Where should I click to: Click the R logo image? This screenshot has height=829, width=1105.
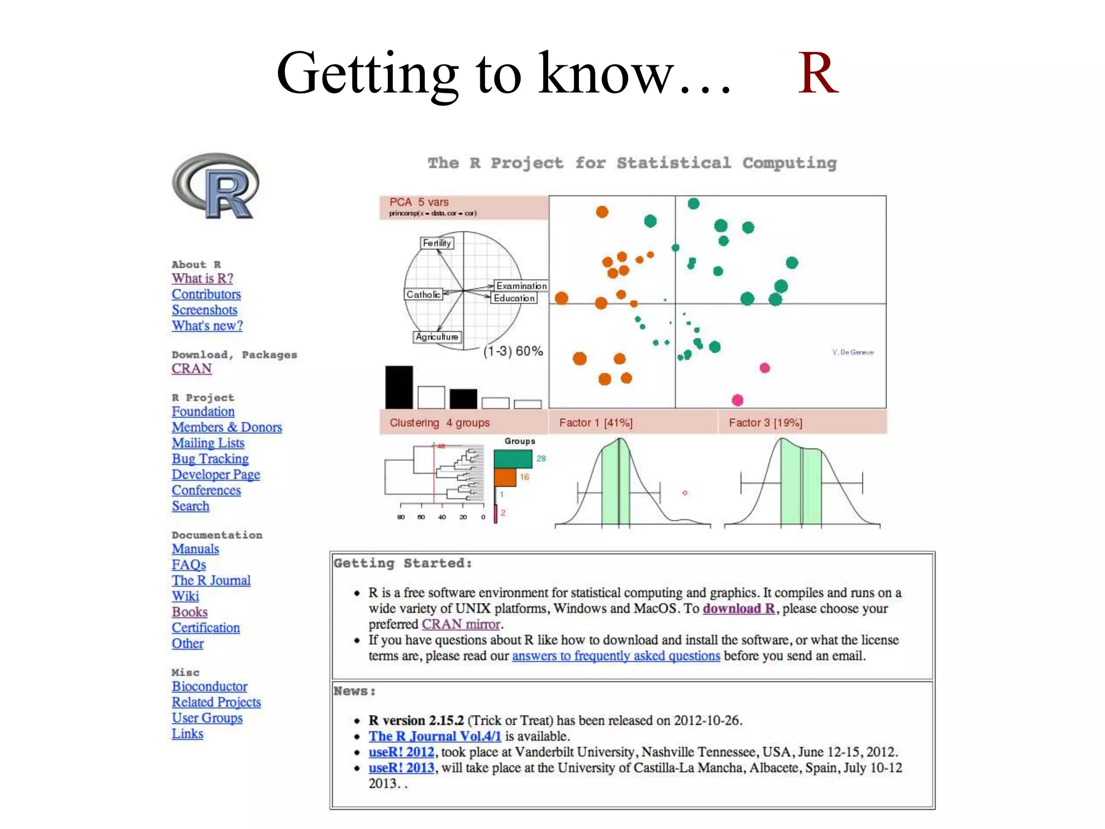(x=216, y=186)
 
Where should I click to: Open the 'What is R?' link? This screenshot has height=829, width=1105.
(x=202, y=278)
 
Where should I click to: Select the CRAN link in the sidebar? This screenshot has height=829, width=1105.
(x=192, y=369)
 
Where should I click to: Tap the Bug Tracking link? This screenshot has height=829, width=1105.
(x=210, y=459)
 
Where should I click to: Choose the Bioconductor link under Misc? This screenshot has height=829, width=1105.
(x=209, y=687)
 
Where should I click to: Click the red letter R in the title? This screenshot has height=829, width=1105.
(x=817, y=73)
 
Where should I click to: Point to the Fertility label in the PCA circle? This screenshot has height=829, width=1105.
(x=436, y=243)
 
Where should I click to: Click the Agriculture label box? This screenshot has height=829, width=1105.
(x=437, y=337)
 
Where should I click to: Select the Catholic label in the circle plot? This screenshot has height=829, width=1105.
(x=424, y=295)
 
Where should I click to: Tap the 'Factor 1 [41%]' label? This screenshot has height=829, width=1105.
(x=596, y=423)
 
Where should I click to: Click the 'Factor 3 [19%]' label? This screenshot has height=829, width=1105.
(x=765, y=423)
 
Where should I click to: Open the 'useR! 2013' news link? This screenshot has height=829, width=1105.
(x=401, y=768)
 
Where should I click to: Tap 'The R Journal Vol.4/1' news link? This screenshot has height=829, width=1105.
(x=435, y=736)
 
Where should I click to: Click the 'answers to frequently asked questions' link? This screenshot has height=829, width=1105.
(x=616, y=656)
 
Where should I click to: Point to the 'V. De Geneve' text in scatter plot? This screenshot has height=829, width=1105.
(x=852, y=352)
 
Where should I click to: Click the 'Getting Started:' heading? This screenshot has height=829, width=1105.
(x=403, y=563)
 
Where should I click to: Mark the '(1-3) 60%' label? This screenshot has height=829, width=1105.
(x=513, y=351)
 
